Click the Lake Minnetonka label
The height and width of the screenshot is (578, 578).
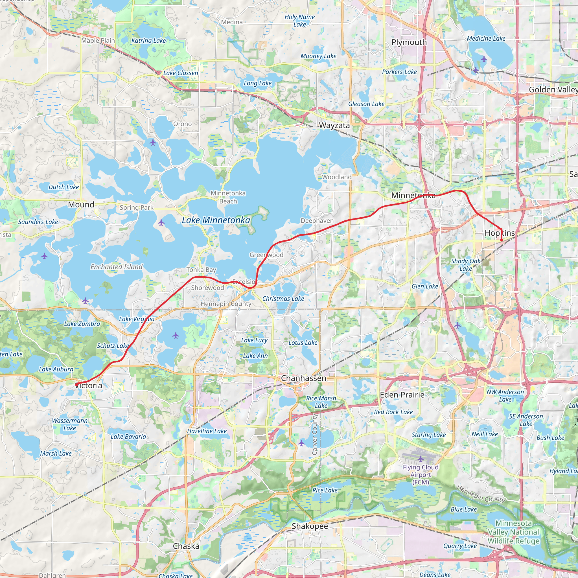(x=216, y=220)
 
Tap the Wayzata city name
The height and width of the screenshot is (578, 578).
(x=334, y=125)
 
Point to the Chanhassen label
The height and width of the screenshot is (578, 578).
(x=303, y=378)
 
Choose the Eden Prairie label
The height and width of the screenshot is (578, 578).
(x=402, y=395)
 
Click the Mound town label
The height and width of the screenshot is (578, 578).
(x=81, y=205)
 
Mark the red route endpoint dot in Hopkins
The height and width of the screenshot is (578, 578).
(x=502, y=240)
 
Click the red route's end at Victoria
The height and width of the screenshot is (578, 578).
(x=76, y=384)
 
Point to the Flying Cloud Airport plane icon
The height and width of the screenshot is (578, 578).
(x=421, y=459)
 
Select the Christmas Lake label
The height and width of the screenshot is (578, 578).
(x=283, y=299)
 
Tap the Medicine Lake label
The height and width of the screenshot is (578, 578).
(x=486, y=39)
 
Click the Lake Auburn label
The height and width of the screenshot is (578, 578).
(x=56, y=369)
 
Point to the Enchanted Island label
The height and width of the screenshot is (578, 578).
(x=117, y=267)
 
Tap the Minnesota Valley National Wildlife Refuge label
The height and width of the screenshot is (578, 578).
(x=514, y=532)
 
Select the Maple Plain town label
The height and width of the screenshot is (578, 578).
(x=98, y=40)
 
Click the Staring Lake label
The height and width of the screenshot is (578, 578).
(x=429, y=435)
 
